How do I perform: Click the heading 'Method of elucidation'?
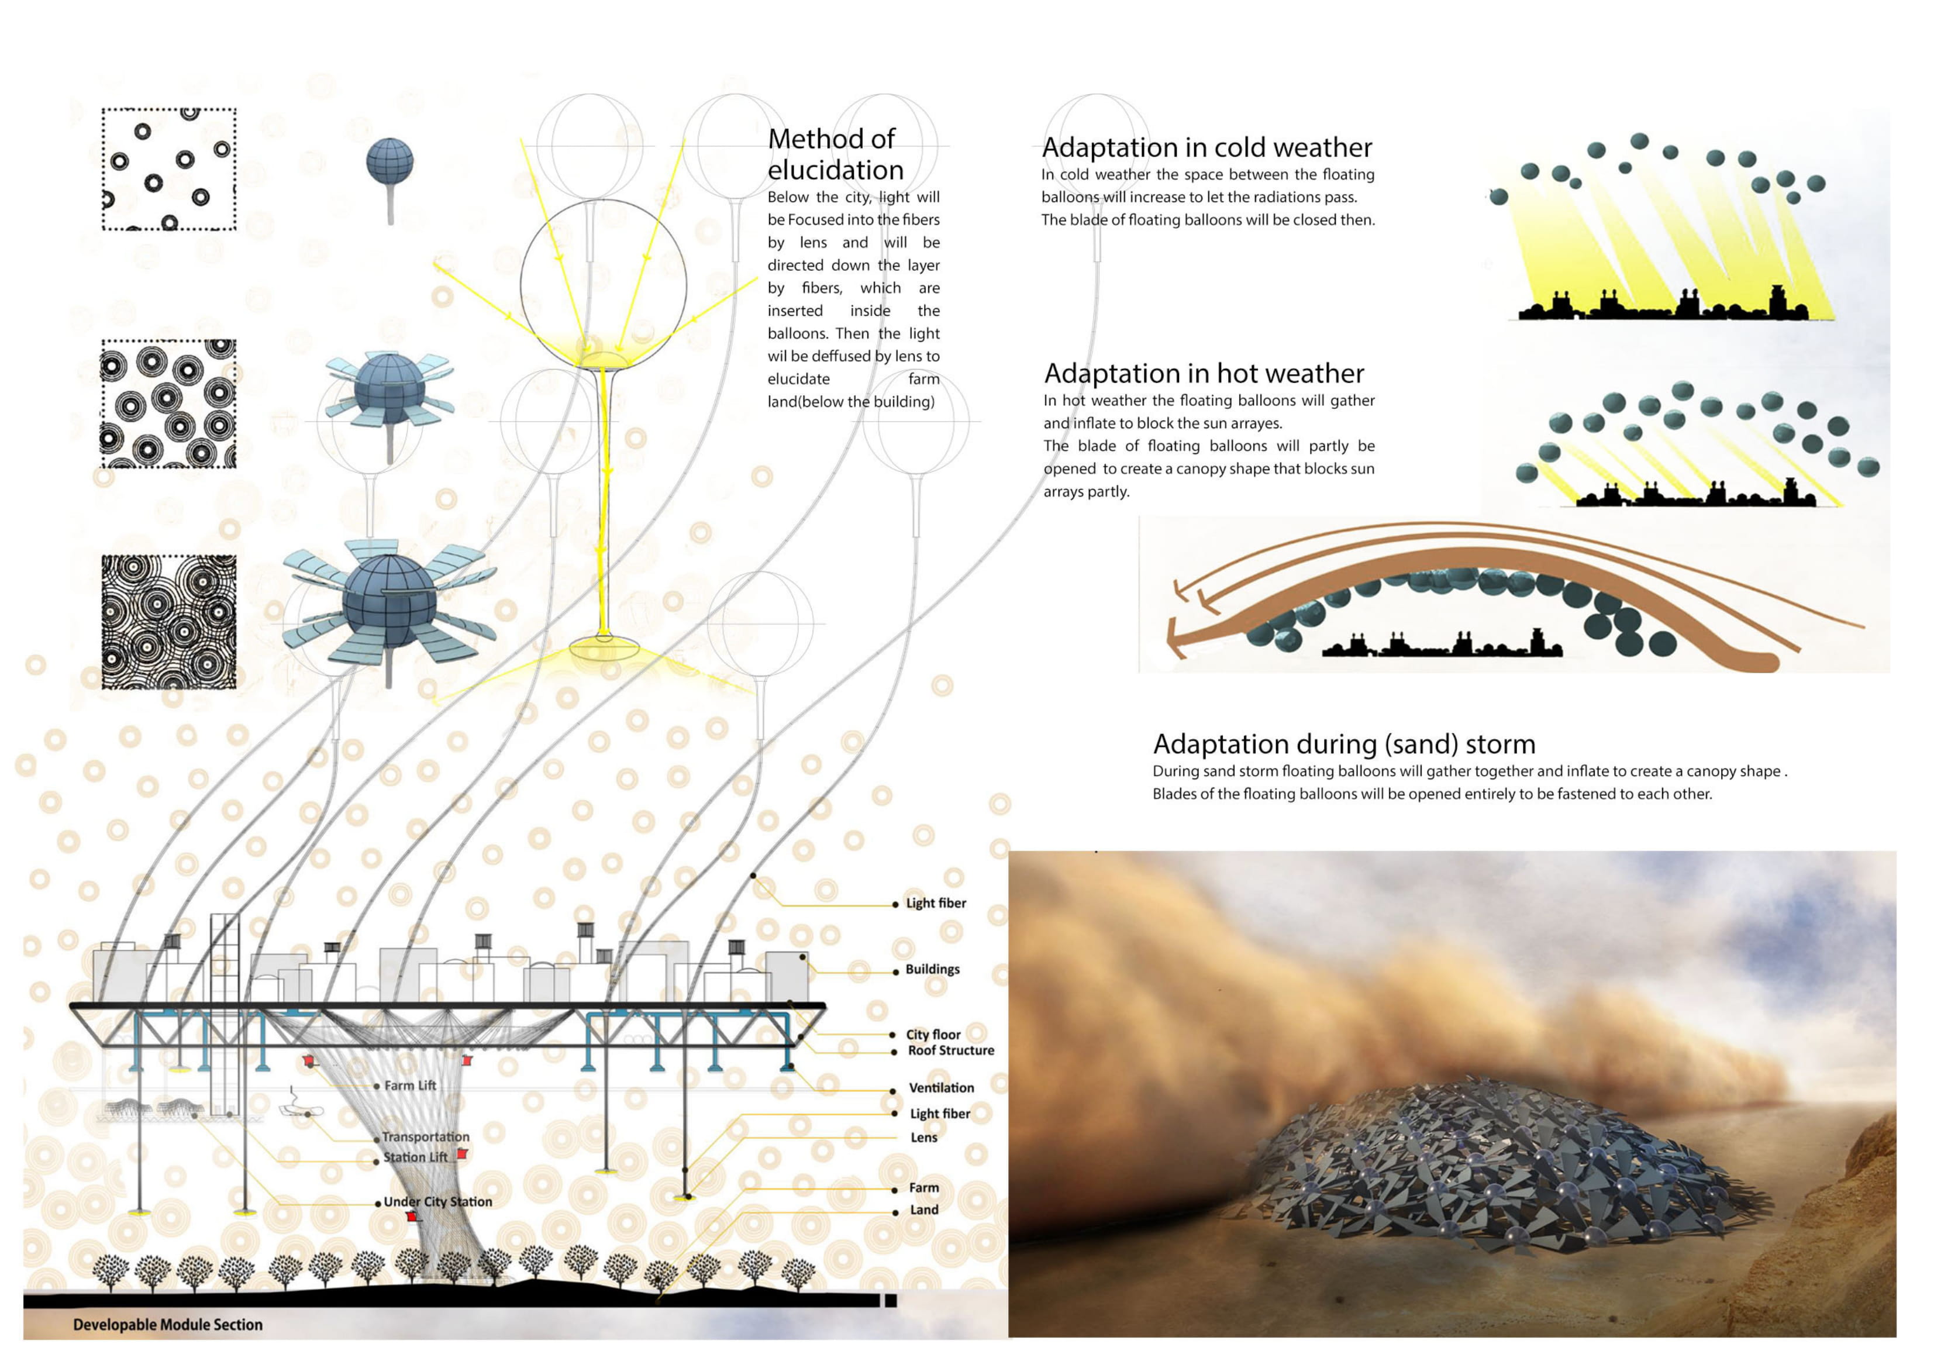pos(836,154)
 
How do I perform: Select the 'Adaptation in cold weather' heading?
pos(1207,147)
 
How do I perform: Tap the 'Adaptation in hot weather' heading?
pos(1204,373)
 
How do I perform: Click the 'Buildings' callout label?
pos(932,970)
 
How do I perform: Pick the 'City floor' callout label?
pos(933,1035)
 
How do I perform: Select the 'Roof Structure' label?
pos(951,1050)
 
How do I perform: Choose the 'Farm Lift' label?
pos(410,1086)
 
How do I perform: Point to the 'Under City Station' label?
pos(438,1202)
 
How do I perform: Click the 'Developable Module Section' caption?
pos(168,1325)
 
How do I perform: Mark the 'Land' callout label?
pos(924,1211)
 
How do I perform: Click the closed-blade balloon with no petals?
pos(390,162)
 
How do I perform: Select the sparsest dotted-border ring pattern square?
pos(168,168)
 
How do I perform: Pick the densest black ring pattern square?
pos(168,622)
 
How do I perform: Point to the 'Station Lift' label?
pos(416,1158)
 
